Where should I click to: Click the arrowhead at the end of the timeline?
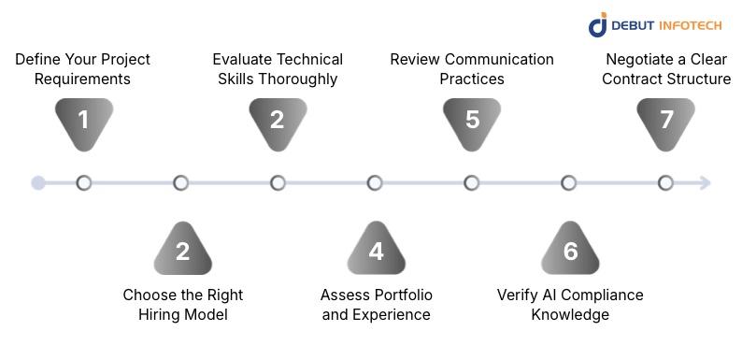point(706,183)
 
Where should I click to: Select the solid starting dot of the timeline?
point(38,183)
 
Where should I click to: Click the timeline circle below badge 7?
point(665,183)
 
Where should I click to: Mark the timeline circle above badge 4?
point(375,183)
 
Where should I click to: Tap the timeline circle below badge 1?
point(84,183)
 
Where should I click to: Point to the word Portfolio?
point(404,295)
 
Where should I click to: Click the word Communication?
point(499,60)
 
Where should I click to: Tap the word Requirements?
point(82,79)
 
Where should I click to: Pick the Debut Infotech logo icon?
point(597,24)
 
